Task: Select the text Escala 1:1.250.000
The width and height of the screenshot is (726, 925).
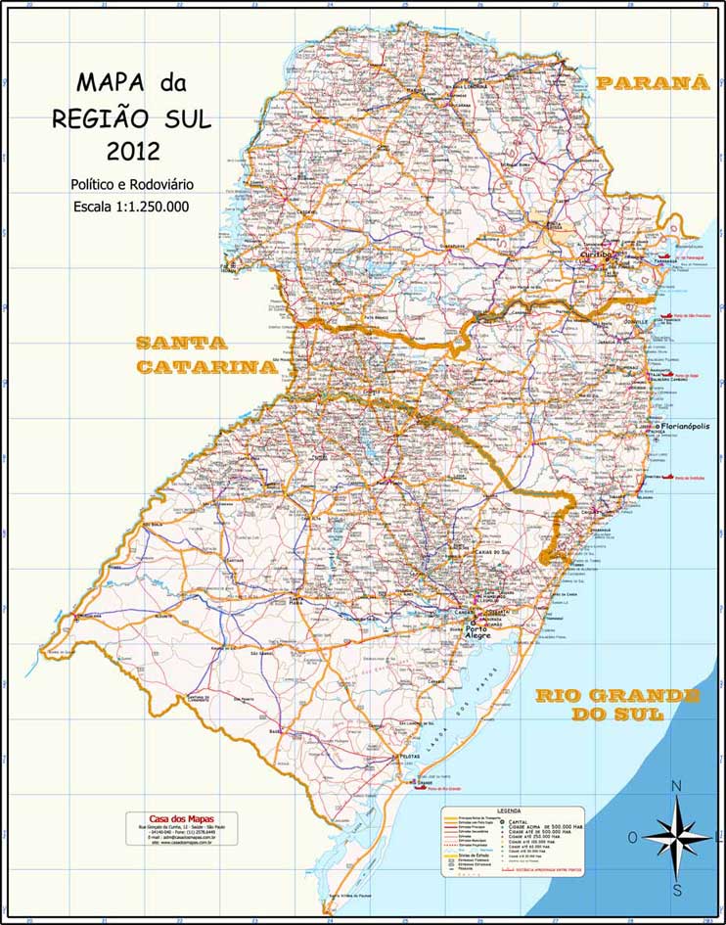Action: [x=131, y=207]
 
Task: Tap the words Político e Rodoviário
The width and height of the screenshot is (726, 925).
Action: [x=131, y=184]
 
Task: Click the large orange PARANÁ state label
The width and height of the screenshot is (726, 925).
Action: [x=653, y=83]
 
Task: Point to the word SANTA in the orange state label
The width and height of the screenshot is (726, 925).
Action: [x=181, y=344]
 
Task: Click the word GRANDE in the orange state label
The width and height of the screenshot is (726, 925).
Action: [x=650, y=695]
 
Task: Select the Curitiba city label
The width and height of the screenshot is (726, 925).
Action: [x=595, y=254]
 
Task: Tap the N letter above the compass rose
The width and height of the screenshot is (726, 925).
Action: [x=676, y=786]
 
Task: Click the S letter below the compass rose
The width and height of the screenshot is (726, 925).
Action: [x=677, y=890]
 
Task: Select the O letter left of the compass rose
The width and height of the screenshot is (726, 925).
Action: [x=632, y=837]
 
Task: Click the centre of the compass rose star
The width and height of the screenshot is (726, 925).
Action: [x=677, y=837]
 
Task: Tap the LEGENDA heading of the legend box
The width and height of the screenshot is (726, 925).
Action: [x=509, y=811]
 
